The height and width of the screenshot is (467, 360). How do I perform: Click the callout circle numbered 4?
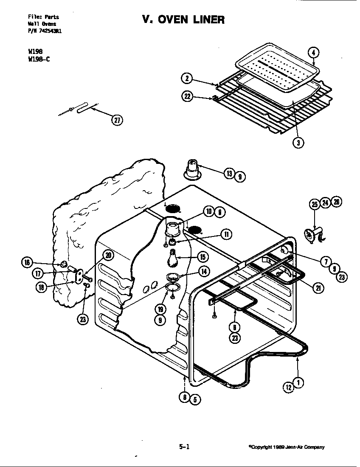(x=313, y=53)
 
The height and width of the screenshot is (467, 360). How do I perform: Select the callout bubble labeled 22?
(x=187, y=97)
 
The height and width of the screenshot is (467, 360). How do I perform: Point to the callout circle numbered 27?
(x=117, y=120)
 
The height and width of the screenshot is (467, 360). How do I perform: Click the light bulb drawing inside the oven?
(x=172, y=257)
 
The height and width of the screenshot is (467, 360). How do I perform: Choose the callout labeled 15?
(x=202, y=257)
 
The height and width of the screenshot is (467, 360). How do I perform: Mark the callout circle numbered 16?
(x=27, y=263)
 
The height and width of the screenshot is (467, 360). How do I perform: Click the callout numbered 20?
(x=108, y=255)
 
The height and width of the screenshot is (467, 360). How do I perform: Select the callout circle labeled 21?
(x=318, y=288)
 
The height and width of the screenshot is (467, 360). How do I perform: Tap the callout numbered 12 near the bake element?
(x=289, y=387)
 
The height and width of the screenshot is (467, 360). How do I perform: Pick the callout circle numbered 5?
(x=195, y=399)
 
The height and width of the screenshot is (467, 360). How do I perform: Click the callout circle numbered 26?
(x=336, y=202)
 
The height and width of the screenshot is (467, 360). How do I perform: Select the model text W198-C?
(x=38, y=59)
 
